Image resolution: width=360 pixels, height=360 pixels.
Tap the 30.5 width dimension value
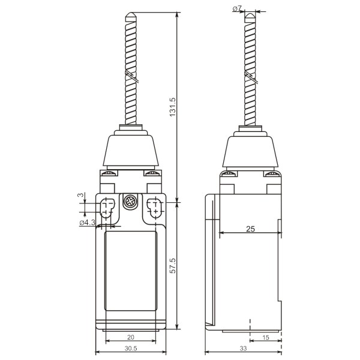[130, 347]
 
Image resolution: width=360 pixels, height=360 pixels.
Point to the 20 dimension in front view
[130, 337]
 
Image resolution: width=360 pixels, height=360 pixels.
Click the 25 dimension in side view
[250, 229]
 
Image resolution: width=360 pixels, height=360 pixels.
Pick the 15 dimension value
[265, 337]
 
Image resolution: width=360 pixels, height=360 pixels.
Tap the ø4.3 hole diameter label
[88, 223]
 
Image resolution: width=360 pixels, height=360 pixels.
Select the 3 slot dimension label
[81, 196]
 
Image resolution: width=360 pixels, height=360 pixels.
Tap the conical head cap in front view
[129, 150]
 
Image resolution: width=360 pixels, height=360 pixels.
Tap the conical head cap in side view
[251, 150]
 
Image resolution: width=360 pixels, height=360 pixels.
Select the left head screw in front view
[109, 175]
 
